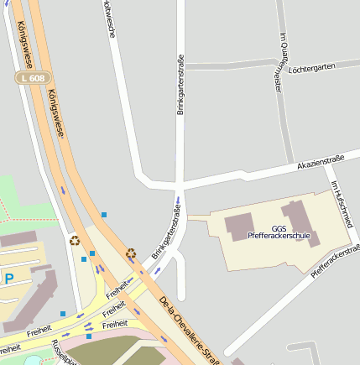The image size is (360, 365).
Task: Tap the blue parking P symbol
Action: point(8,278)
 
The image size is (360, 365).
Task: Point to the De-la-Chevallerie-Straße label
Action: point(189,329)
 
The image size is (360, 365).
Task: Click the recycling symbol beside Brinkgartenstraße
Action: point(130,253)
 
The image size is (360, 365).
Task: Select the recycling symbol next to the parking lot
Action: point(75,241)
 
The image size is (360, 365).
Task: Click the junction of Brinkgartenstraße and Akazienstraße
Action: point(180,181)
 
